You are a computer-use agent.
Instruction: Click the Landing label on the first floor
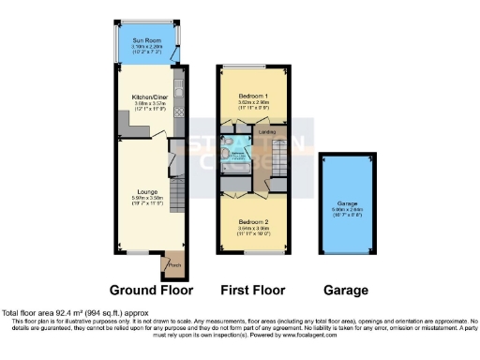click(266, 132)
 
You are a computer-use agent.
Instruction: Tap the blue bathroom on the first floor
click(237, 146)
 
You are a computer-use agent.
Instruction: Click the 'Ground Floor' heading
click(150, 291)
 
